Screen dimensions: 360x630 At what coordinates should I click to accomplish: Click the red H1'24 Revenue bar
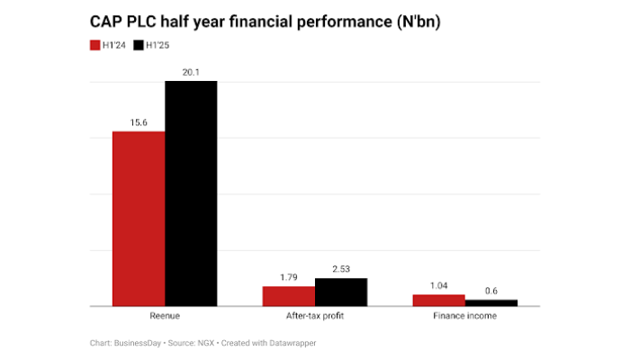[139, 219]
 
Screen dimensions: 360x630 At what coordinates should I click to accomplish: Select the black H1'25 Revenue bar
[191, 193]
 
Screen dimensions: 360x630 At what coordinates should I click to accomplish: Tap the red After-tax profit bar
[289, 296]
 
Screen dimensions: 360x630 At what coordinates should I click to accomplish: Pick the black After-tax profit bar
[341, 292]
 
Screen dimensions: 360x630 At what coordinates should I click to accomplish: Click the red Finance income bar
[438, 301]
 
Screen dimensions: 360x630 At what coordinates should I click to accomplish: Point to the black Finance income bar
[491, 303]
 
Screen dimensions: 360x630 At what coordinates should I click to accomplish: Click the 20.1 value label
[190, 71]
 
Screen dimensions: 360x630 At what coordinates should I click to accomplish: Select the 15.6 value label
[138, 121]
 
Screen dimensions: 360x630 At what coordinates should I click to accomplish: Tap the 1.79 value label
[288, 276]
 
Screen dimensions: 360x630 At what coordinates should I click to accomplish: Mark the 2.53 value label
[341, 268]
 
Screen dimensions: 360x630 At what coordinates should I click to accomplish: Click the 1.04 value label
[438, 284]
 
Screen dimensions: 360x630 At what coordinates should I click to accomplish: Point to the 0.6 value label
[491, 290]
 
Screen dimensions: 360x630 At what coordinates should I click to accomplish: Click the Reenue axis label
[164, 317]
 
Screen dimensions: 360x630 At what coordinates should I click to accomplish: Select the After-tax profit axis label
[314, 317]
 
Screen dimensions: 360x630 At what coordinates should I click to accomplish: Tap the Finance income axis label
[464, 317]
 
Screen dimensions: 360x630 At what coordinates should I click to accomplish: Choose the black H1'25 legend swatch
[138, 44]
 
